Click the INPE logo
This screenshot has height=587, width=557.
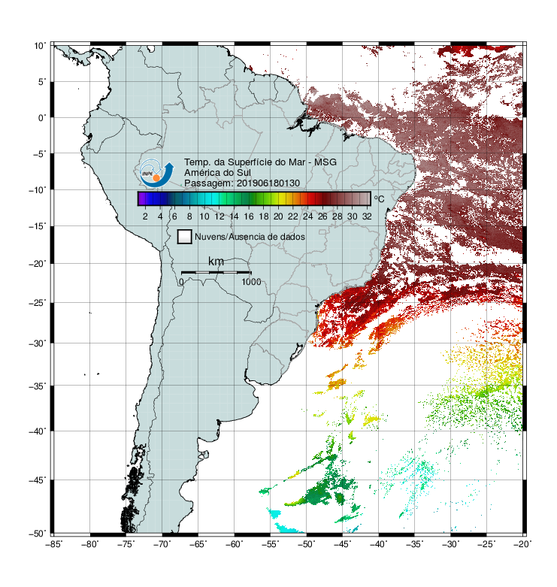[x=156, y=173]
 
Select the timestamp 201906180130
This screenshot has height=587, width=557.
[x=268, y=183]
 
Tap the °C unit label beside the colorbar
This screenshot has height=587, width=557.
[x=379, y=198]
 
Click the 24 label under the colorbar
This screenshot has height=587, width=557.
[x=307, y=216]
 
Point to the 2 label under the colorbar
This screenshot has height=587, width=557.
[x=145, y=216]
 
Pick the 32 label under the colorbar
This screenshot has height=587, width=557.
[x=367, y=216]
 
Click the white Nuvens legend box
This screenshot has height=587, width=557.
[x=185, y=237]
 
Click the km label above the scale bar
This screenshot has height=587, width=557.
[x=216, y=262]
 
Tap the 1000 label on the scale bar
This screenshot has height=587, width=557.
[x=251, y=282]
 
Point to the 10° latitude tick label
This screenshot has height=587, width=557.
[x=40, y=46]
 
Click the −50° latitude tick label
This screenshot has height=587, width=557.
[x=38, y=534]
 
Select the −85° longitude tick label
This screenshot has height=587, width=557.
[x=53, y=544]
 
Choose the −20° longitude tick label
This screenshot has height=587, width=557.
[x=522, y=544]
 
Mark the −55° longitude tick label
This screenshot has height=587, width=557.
[x=271, y=544]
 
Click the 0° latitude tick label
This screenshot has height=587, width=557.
[x=42, y=118]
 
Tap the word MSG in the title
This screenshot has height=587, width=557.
[x=325, y=162]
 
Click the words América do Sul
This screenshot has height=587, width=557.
[x=217, y=173]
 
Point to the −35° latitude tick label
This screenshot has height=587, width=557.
[x=38, y=386]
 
